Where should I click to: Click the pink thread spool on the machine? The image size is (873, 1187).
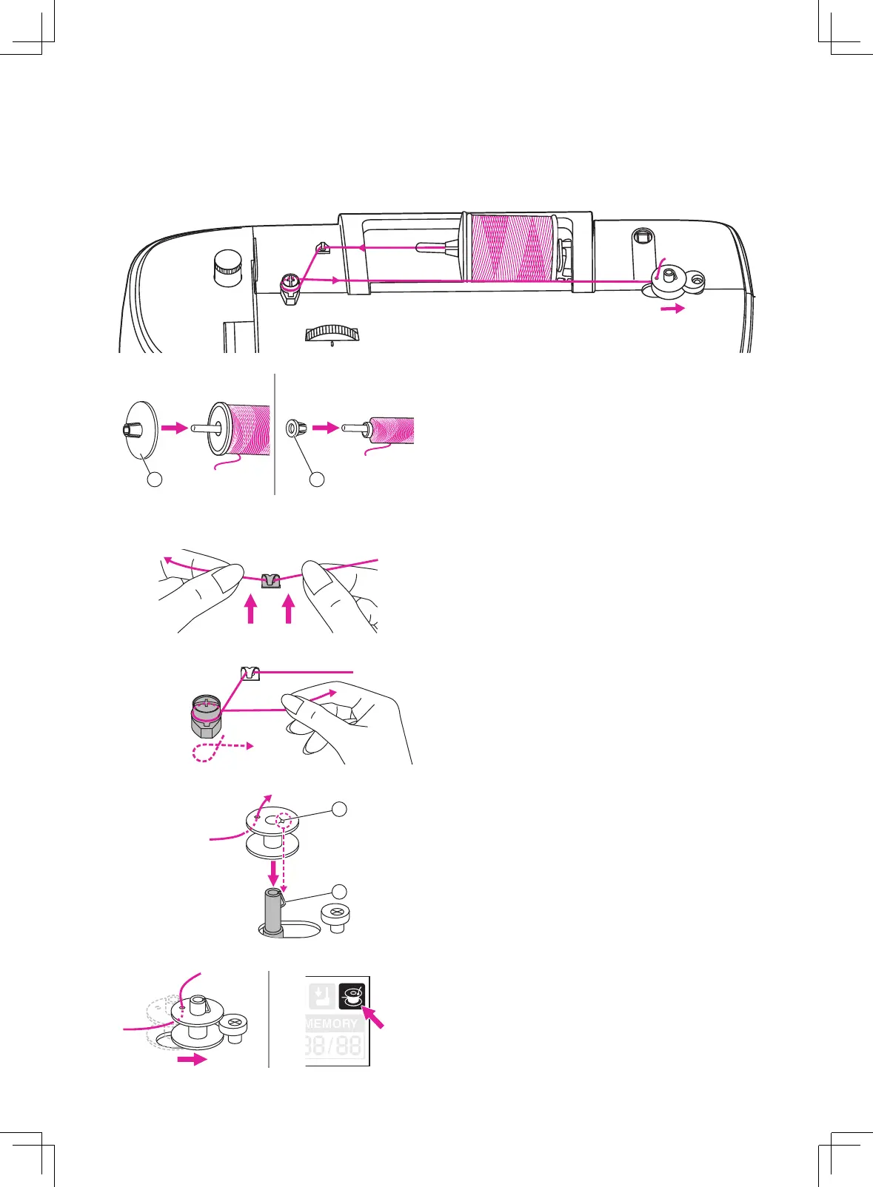click(512, 249)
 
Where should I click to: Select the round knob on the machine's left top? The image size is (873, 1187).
click(227, 266)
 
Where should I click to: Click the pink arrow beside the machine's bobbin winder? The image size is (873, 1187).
click(672, 309)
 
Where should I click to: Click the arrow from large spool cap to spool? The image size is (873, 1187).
click(175, 428)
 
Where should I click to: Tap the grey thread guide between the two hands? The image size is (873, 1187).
click(272, 580)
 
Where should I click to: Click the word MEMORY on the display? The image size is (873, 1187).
click(331, 1023)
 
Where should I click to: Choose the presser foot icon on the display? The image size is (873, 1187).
click(322, 996)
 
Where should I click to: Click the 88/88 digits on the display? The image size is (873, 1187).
click(333, 1046)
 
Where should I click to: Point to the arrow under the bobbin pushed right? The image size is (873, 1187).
click(193, 1060)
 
